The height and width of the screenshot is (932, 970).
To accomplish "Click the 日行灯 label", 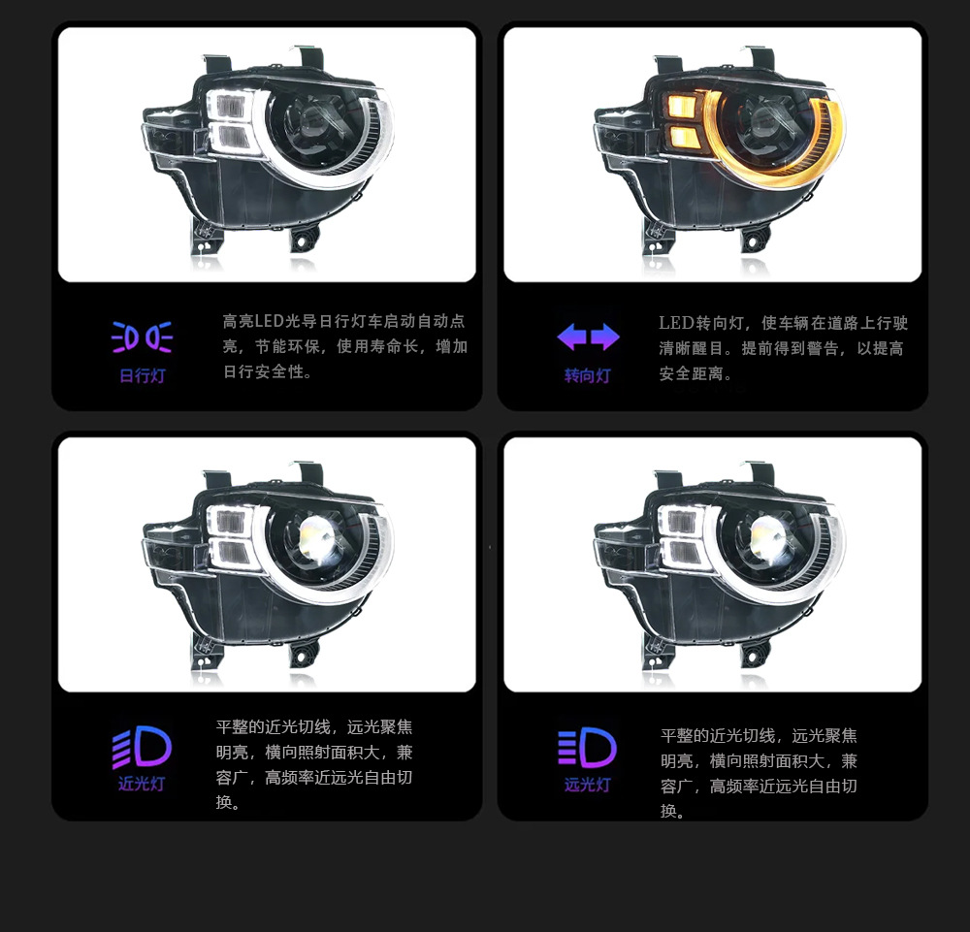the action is (x=143, y=375).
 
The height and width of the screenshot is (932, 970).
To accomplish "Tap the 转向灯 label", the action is (x=587, y=375).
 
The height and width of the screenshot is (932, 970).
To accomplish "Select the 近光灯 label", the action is (x=142, y=784).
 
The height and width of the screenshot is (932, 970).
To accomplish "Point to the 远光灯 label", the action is (x=587, y=785).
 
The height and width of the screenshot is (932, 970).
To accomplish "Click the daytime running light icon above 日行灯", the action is (x=143, y=337).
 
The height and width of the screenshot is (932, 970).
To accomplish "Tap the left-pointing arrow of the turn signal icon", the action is (x=571, y=337).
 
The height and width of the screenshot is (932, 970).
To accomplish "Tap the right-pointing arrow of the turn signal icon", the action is (x=605, y=337).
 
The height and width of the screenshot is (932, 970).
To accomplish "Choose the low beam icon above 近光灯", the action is (x=142, y=747).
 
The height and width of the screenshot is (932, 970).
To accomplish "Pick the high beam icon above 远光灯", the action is (x=587, y=747).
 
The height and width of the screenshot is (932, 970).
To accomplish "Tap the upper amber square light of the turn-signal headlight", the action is (x=682, y=106).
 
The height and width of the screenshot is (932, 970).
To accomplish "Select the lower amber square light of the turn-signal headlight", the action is (x=682, y=137).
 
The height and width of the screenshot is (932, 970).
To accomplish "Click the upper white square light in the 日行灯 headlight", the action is (x=230, y=106).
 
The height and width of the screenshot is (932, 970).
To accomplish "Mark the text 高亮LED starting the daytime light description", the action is (x=253, y=321).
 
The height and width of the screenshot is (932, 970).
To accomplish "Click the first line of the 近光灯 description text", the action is (x=314, y=726).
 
